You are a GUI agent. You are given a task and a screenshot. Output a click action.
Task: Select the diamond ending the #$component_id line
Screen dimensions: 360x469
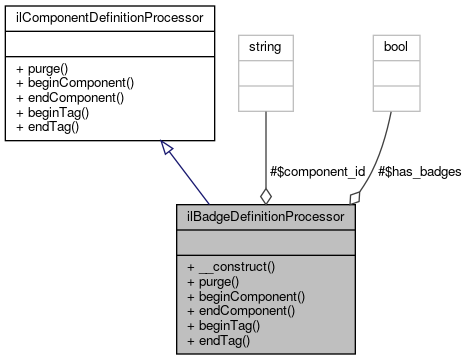(265, 195)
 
